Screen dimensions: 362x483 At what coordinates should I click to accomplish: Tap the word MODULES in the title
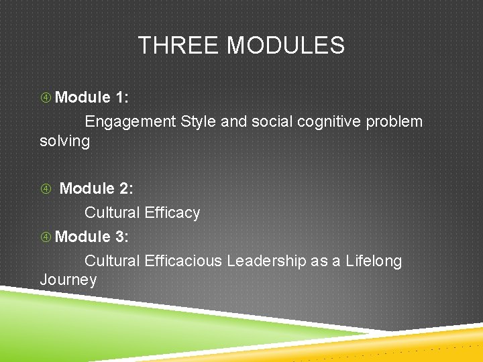pyautogui.click(x=286, y=46)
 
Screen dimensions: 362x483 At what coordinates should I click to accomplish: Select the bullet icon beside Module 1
pyautogui.click(x=46, y=98)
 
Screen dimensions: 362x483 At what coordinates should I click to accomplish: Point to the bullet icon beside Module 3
pyautogui.click(x=46, y=237)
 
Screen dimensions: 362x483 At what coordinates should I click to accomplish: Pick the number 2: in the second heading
pyautogui.click(x=126, y=189)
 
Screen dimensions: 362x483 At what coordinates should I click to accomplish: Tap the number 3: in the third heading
pyautogui.click(x=122, y=237)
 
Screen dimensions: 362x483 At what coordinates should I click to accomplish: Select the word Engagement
pyautogui.click(x=131, y=122)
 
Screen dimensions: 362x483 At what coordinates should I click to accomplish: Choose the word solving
pyautogui.click(x=64, y=141)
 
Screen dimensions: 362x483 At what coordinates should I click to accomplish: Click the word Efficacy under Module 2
pyautogui.click(x=172, y=213)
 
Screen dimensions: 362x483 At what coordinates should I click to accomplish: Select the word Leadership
pyautogui.click(x=266, y=261)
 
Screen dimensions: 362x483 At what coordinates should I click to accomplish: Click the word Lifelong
pyautogui.click(x=374, y=261)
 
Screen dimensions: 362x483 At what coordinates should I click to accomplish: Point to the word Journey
pyautogui.click(x=68, y=280)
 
